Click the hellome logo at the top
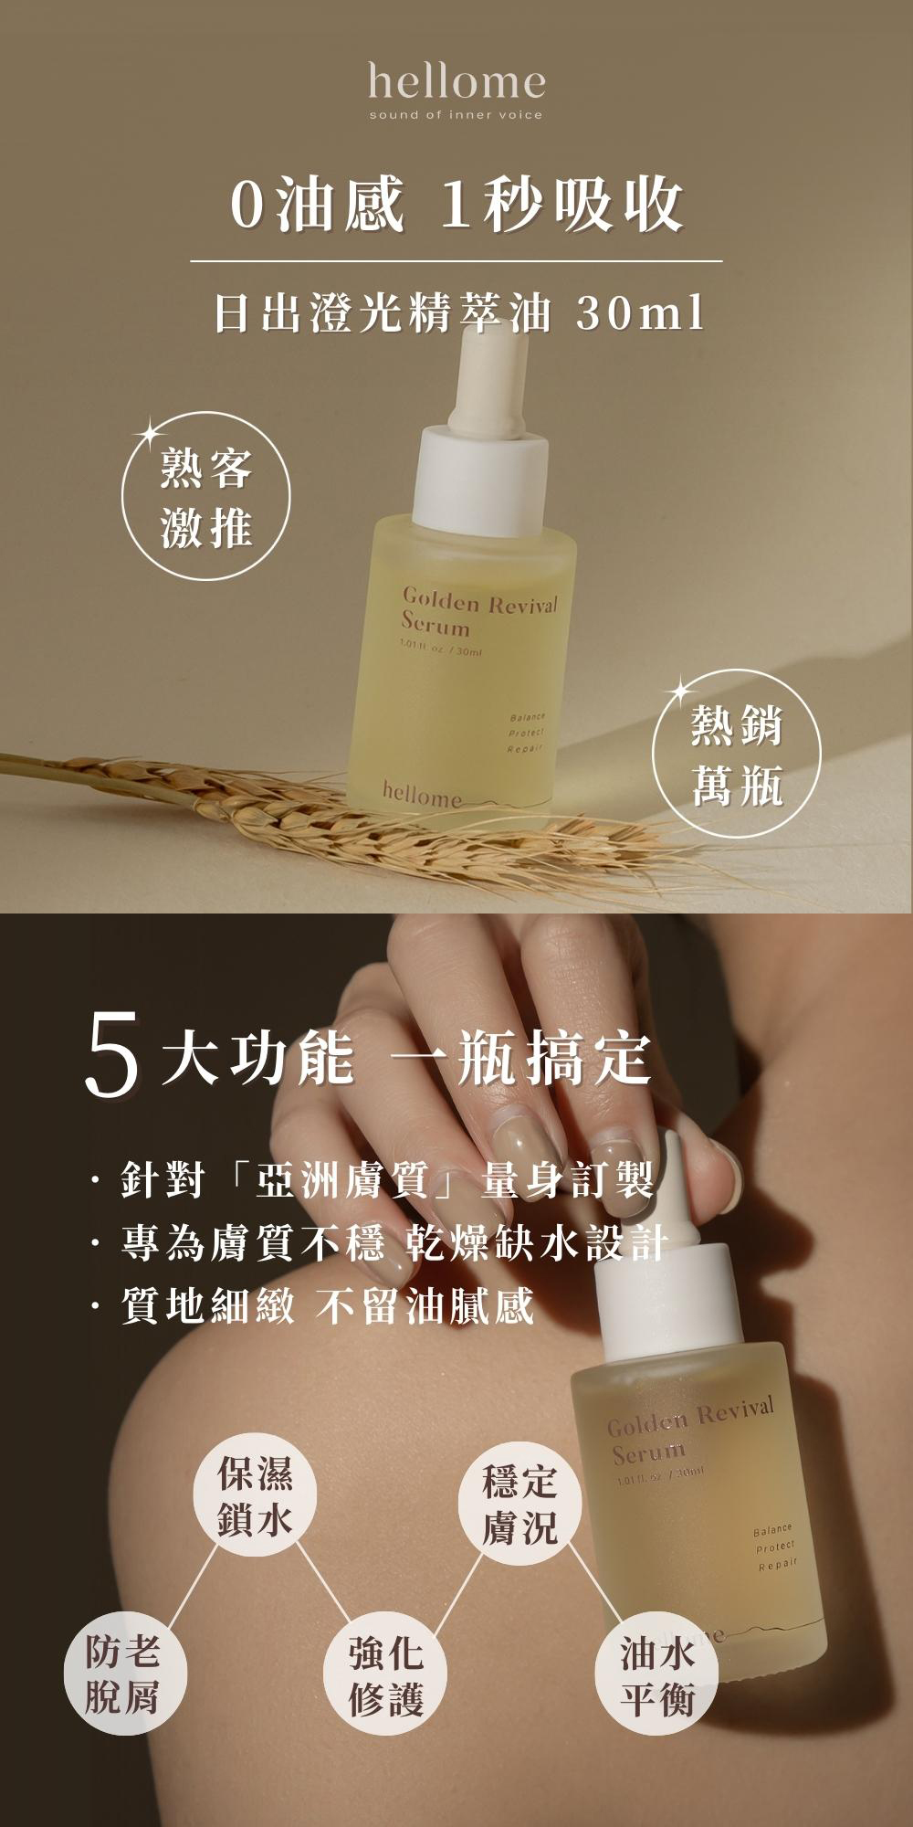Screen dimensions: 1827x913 coord(456,81)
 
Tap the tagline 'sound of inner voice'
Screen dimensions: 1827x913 coord(456,115)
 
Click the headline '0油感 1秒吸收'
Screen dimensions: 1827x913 coord(456,206)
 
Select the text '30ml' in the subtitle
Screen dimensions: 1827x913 coord(641,313)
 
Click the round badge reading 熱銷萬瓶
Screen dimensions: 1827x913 coord(737,753)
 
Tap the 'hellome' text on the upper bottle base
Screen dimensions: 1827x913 coord(423,796)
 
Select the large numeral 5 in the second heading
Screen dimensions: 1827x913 coord(113,1059)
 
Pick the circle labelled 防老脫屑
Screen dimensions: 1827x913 coord(123,1674)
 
